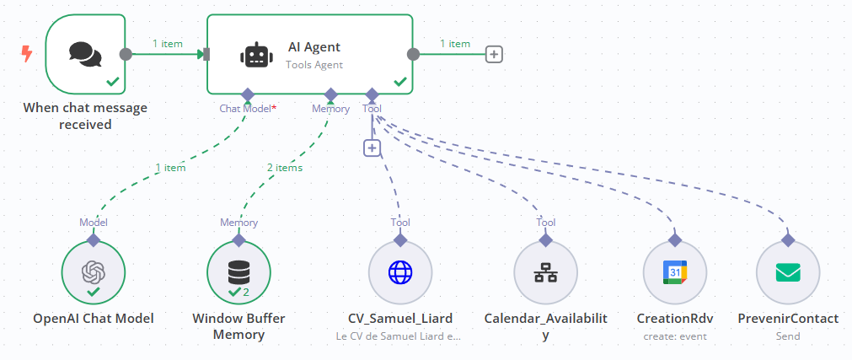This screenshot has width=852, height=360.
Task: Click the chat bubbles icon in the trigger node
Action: [84, 55]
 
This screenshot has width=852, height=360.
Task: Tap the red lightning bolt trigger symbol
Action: [27, 54]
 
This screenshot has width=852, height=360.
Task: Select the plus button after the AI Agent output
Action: [495, 54]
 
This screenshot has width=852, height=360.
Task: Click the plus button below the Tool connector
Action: [372, 148]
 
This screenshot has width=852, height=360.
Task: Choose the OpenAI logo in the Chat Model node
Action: [93, 272]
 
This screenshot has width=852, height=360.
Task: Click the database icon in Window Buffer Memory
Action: [238, 272]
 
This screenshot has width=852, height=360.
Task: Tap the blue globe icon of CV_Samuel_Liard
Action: [400, 272]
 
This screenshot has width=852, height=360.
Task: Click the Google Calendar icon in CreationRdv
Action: [674, 272]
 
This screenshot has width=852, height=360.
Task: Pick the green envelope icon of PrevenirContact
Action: [788, 272]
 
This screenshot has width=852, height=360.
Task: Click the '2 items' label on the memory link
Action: [285, 167]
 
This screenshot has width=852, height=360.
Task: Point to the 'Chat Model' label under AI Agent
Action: [245, 109]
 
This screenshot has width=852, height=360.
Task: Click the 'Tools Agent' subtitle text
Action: [314, 64]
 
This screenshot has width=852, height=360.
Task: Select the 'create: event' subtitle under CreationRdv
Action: [674, 336]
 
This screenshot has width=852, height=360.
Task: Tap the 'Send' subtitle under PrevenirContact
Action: [788, 336]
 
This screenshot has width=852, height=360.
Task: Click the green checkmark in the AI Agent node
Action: [400, 82]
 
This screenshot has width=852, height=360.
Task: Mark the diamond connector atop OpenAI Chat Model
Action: [93, 240]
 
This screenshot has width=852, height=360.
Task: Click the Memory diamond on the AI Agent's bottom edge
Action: [330, 94]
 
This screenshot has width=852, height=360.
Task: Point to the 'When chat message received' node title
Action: [84, 116]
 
